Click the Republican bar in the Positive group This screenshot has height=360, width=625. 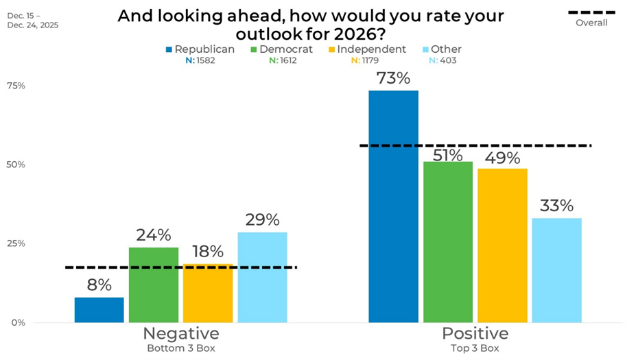(x=393, y=206)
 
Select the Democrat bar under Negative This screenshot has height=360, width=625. (x=153, y=285)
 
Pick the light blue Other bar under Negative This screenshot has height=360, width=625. (x=262, y=277)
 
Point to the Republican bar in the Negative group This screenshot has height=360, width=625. (x=99, y=309)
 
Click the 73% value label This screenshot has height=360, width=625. (x=392, y=78)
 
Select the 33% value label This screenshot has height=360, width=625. (x=556, y=206)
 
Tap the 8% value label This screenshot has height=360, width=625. (x=99, y=285)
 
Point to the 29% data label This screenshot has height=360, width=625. (x=262, y=220)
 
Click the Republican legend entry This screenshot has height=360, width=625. (x=200, y=49)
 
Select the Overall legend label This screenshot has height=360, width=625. (x=591, y=23)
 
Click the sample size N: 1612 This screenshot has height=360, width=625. (x=287, y=60)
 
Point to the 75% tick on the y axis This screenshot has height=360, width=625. (x=16, y=86)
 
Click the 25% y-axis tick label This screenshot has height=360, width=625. (x=16, y=243)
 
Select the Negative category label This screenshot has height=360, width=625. (x=180, y=334)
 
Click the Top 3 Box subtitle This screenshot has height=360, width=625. (x=475, y=348)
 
